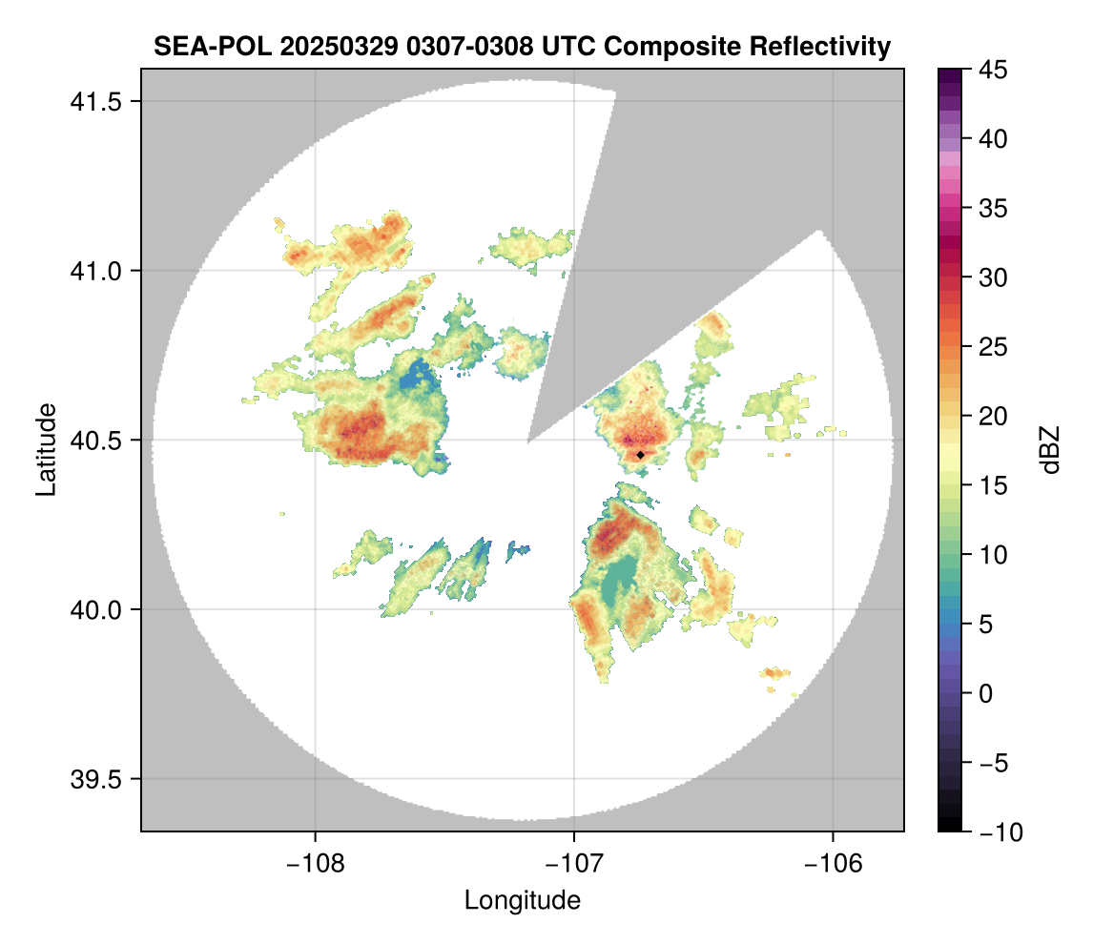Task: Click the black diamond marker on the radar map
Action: pyautogui.click(x=640, y=455)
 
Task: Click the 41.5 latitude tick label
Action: pyautogui.click(x=95, y=102)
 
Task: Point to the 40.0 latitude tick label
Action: pyautogui.click(x=95, y=609)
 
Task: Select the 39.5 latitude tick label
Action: pyautogui.click(x=95, y=779)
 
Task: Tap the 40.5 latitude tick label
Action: pyautogui.click(x=95, y=441)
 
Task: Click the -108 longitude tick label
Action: pyautogui.click(x=315, y=864)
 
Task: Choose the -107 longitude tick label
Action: pyautogui.click(x=574, y=864)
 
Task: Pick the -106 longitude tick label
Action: pyautogui.click(x=833, y=864)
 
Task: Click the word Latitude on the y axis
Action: pyautogui.click(x=46, y=449)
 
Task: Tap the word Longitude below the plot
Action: pyautogui.click(x=522, y=900)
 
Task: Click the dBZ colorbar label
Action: pyautogui.click(x=1050, y=450)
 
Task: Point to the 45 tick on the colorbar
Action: pyautogui.click(x=993, y=70)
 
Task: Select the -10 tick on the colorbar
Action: pyautogui.click(x=1000, y=831)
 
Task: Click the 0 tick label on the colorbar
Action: pyautogui.click(x=985, y=693)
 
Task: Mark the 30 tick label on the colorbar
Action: pyautogui.click(x=993, y=277)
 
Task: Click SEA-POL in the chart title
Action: pyautogui.click(x=213, y=47)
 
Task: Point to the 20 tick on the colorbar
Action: pyautogui.click(x=993, y=416)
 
